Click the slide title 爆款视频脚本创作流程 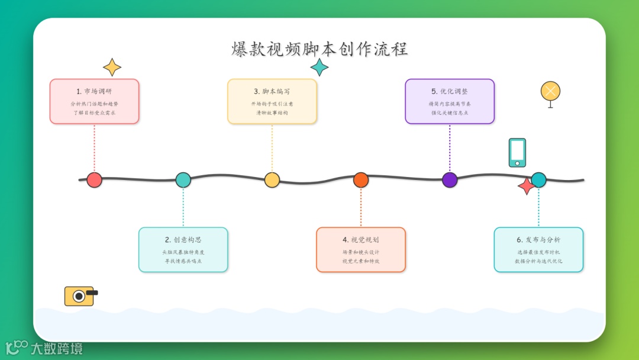tap(319, 49)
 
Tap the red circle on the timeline tap(94, 180)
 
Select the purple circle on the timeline tap(450, 180)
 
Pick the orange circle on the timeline tap(361, 180)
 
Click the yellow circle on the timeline tap(272, 180)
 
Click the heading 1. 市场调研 tap(94, 91)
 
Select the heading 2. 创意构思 tap(183, 240)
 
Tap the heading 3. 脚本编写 tap(272, 91)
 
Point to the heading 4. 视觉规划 tap(361, 240)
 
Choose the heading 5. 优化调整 tap(450, 91)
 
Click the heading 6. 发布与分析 tap(538, 240)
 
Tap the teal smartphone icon tap(517, 153)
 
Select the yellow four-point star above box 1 tap(112, 67)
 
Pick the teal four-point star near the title tap(319, 67)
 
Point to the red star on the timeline tap(526, 187)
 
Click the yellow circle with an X tap(550, 92)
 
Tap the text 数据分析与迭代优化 tap(538, 261)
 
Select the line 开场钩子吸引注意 tap(272, 104)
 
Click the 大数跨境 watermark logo tap(44, 348)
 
